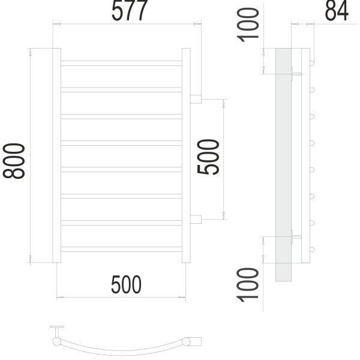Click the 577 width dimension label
(129, 10)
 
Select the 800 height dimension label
(14, 161)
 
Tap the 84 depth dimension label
(337, 11)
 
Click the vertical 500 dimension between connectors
(208, 157)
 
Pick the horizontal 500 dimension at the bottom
(126, 284)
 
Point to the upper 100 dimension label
(248, 25)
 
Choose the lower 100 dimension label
(248, 284)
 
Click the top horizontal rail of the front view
(121, 63)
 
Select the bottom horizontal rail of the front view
(121, 249)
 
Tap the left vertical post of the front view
(57, 155)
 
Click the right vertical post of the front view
(186, 155)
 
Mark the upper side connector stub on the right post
(196, 99)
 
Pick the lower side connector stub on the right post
(196, 219)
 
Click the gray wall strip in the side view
(284, 164)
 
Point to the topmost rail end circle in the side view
(312, 63)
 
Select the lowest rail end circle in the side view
(312, 250)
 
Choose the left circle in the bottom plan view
(57, 341)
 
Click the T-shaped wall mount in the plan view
(57, 331)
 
